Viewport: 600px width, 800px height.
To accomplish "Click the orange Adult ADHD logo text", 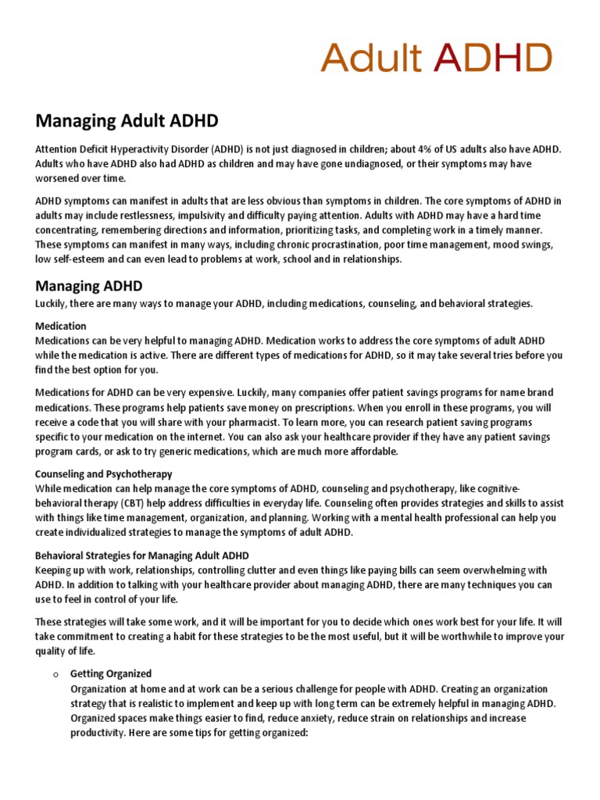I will point(437,57).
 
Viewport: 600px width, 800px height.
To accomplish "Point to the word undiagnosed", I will point(391,164).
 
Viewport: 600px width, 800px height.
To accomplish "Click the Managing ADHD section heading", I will point(89,286).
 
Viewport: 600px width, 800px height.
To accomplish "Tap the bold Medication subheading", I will point(61,326).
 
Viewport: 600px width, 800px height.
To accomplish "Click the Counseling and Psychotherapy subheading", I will point(104,474).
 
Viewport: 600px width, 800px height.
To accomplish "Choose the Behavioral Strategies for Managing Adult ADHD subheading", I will point(142,555).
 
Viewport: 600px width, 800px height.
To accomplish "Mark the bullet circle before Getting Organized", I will point(48,674).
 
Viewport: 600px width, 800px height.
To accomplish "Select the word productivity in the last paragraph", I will point(98,733).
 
